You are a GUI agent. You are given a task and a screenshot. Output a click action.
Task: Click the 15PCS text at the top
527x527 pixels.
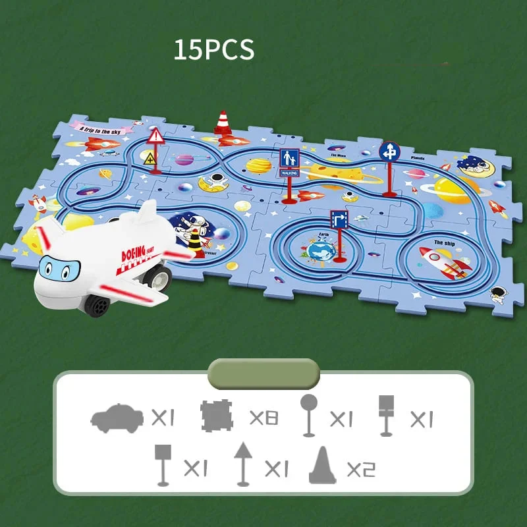coord(213,50)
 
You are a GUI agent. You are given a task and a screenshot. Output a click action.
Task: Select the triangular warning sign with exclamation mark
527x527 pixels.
coord(156,138)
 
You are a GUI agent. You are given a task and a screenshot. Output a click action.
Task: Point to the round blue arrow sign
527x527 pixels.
coord(389,152)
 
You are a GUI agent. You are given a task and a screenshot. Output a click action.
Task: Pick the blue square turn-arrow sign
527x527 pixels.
coord(339,219)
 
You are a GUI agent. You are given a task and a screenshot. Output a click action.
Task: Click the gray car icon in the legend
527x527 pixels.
coord(116,418)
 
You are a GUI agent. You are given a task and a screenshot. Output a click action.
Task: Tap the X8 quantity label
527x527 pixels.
coord(263,418)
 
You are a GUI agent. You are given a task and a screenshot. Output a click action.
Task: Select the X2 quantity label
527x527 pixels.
coord(361,469)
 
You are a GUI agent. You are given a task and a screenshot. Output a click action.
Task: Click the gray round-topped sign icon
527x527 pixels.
coord(308,415)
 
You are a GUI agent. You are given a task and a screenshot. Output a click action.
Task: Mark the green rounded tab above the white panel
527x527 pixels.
coord(263,374)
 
